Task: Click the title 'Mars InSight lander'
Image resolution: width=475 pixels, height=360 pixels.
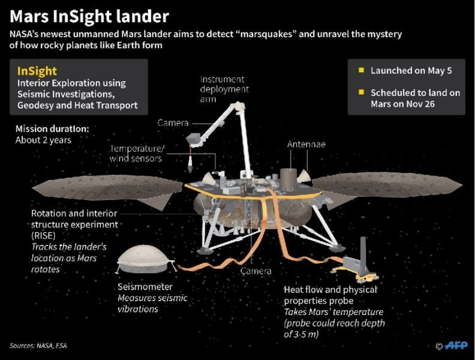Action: [x=89, y=16]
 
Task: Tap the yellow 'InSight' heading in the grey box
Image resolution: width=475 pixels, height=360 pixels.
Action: [x=37, y=71]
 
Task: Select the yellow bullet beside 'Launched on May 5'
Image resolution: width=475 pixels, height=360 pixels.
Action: [x=361, y=70]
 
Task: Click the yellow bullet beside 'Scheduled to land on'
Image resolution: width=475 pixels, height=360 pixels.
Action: [x=361, y=92]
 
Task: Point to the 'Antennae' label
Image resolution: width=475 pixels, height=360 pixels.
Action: [x=306, y=144]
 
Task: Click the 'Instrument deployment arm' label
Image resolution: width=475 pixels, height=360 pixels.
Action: [x=224, y=89]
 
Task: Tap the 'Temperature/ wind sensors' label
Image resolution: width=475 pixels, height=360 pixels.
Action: [x=137, y=154]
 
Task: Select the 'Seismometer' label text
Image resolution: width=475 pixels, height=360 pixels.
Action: [x=145, y=287]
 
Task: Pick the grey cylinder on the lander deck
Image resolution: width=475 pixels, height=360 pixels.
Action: [x=288, y=179]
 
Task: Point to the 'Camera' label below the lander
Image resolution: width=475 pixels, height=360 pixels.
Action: [x=256, y=271]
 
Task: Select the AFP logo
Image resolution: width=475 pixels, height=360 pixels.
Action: [x=456, y=346]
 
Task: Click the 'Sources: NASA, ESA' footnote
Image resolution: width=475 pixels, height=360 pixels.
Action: [x=38, y=346]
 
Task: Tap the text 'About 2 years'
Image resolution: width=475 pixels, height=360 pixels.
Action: [x=43, y=140]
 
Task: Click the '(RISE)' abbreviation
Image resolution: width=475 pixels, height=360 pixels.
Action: [x=43, y=235]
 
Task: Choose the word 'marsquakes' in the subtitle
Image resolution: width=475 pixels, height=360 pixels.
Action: [x=266, y=34]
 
